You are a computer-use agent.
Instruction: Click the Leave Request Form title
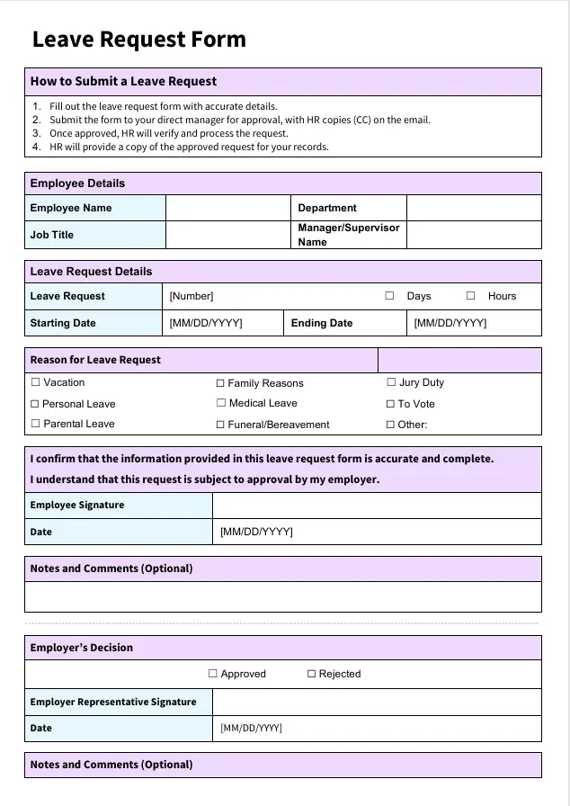tap(138, 40)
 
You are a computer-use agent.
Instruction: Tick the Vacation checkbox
tap(35, 382)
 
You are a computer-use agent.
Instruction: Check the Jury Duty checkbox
tap(391, 382)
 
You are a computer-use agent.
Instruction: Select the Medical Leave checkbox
tap(220, 403)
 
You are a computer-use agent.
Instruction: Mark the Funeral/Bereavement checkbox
tap(220, 425)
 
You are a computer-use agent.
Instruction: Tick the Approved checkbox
tap(213, 674)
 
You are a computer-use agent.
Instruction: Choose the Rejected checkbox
tap(312, 674)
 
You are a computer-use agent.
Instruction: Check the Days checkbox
tap(390, 296)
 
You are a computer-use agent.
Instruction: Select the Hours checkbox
tap(470, 296)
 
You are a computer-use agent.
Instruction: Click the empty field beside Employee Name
tap(227, 208)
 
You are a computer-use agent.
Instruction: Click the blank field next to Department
tap(474, 208)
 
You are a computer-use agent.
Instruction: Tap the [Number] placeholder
tap(191, 296)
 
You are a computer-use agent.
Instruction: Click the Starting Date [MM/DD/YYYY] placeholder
tap(206, 323)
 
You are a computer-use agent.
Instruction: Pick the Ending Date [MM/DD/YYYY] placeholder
tap(450, 323)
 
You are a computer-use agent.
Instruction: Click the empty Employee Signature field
tap(377, 506)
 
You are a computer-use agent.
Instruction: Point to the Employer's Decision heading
tap(82, 648)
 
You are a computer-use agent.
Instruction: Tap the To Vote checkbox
tap(391, 404)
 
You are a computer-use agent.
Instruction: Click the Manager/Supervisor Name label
tap(349, 235)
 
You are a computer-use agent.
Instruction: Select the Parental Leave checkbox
tap(35, 424)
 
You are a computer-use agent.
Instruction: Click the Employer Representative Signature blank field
tap(377, 702)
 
